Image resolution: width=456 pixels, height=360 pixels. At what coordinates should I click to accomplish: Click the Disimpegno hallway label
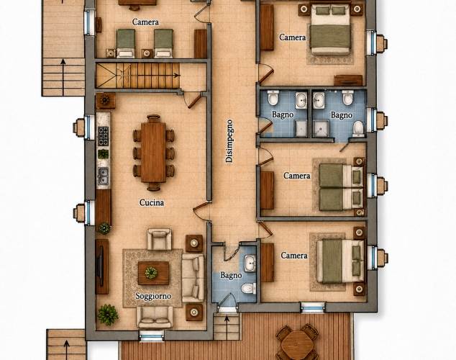(x=229, y=140)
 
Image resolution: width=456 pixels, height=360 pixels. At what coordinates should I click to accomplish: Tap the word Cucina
(x=152, y=202)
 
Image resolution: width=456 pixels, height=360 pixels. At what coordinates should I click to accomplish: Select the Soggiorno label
(x=153, y=296)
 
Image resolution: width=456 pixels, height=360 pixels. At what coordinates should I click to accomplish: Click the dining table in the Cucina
(x=153, y=152)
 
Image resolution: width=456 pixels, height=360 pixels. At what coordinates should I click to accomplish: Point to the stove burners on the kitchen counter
(x=103, y=136)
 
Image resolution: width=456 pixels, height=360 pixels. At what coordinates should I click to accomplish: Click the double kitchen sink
(x=103, y=176)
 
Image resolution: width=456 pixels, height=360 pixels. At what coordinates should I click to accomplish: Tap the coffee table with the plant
(x=153, y=273)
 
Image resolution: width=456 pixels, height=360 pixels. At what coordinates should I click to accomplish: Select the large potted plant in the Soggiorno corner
(x=108, y=315)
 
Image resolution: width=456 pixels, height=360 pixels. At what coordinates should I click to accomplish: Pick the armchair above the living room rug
(x=159, y=239)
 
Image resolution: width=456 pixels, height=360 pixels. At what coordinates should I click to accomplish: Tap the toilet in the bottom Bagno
(x=249, y=288)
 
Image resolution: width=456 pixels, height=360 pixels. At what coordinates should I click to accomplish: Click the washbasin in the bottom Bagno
(x=250, y=264)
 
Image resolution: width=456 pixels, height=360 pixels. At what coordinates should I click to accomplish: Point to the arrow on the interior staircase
(x=158, y=75)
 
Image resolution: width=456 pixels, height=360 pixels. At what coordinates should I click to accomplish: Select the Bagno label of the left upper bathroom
(x=283, y=114)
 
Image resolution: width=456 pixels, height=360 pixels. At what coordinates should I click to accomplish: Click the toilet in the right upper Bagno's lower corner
(x=358, y=129)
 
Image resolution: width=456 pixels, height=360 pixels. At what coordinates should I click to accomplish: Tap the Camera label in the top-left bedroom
(x=145, y=22)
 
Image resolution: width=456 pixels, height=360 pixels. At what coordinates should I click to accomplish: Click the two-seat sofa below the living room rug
(x=155, y=317)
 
